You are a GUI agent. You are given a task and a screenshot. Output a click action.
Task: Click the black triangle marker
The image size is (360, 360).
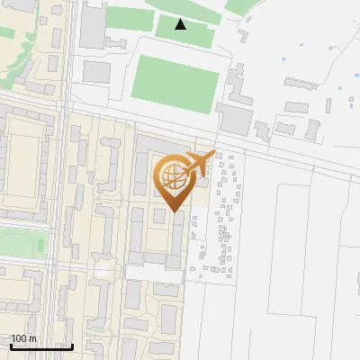181,23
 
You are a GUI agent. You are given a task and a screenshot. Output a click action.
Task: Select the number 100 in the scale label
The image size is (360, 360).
20,338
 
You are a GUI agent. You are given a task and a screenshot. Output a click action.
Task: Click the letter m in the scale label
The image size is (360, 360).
33,338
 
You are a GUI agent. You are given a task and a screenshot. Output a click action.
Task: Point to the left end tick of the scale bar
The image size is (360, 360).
12,346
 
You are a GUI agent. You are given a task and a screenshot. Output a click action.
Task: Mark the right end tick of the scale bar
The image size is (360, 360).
73,346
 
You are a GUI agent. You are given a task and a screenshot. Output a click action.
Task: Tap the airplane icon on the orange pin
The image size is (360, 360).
199,163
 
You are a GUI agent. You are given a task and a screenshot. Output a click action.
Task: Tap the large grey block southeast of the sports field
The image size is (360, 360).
236,117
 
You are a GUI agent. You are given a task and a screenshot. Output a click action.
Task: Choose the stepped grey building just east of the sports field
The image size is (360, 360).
235,85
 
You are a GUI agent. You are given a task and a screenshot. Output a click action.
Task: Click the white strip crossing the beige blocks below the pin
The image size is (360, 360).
153,273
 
